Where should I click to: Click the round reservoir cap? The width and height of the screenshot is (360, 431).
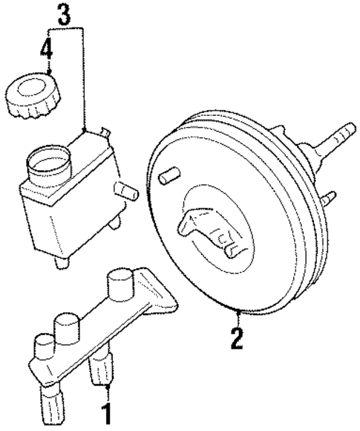coord(28,97)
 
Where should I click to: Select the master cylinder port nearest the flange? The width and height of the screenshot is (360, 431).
coord(119,282)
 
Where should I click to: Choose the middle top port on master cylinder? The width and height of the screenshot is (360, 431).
coord(68,323)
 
